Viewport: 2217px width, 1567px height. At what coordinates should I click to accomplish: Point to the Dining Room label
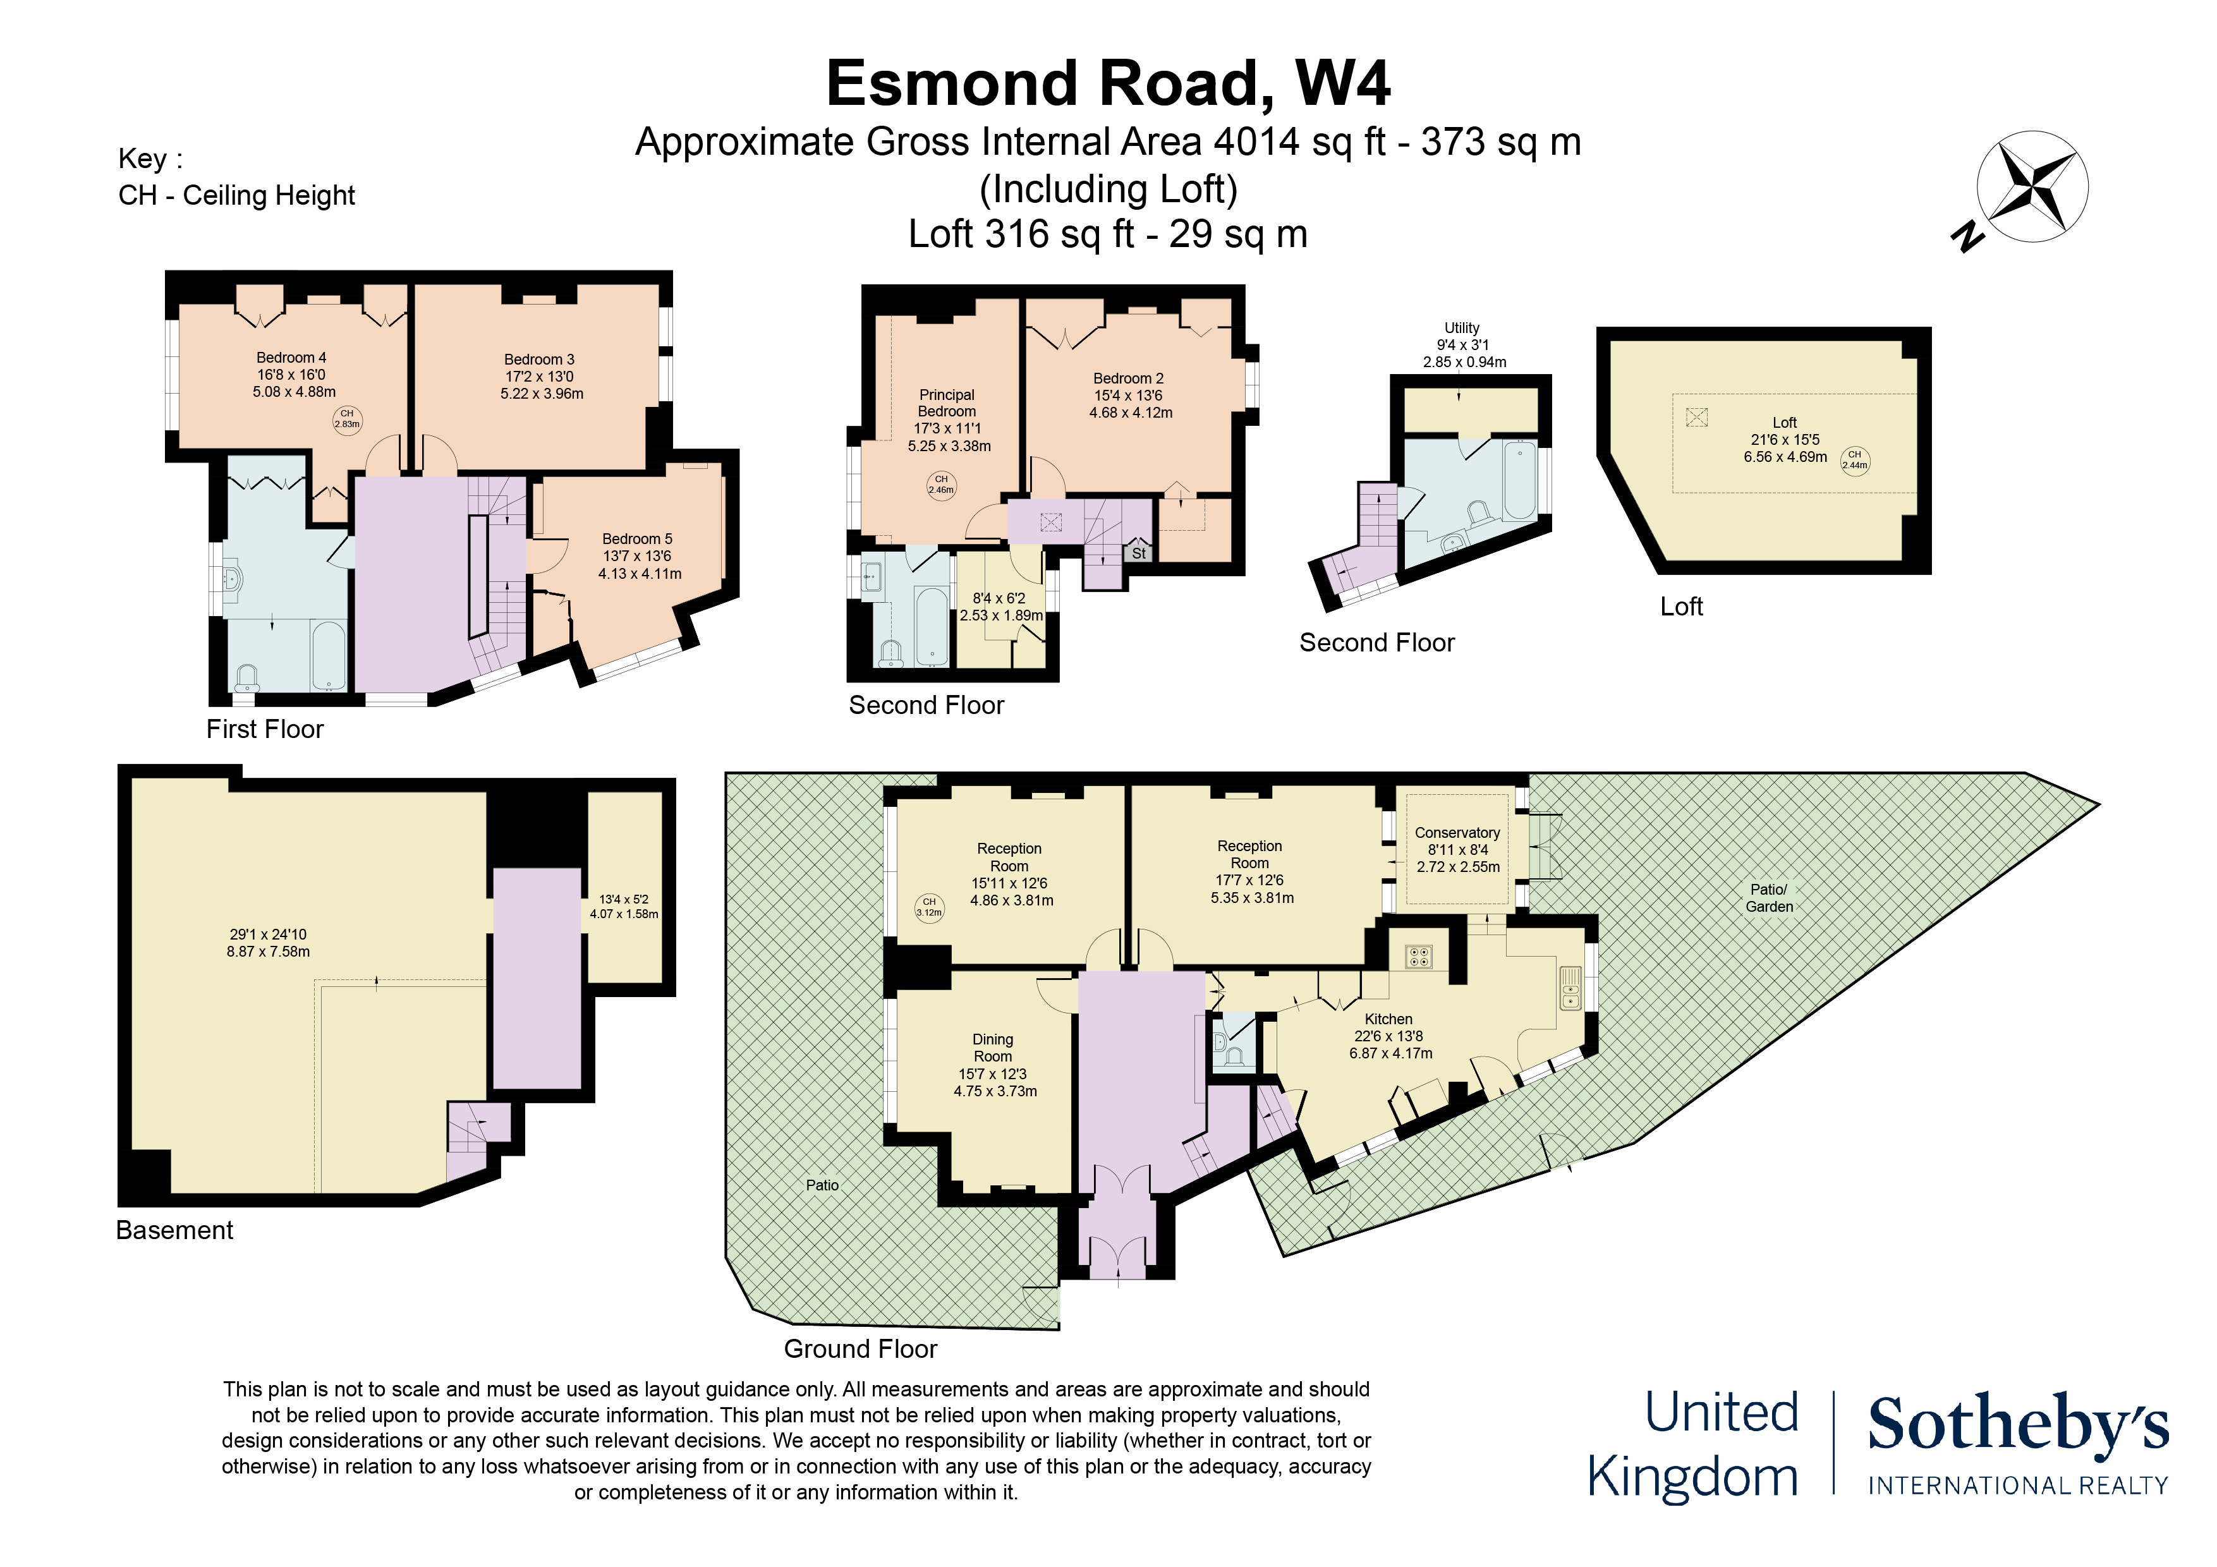click(x=993, y=1048)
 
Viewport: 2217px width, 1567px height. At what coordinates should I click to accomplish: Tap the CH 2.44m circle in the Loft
click(x=1854, y=459)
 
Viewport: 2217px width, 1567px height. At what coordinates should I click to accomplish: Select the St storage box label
click(x=1138, y=554)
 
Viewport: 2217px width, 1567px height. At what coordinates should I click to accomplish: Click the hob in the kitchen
click(x=1418, y=957)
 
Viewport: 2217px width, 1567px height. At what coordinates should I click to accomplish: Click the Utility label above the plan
click(x=1461, y=329)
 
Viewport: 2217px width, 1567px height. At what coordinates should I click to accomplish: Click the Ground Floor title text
click(x=859, y=1349)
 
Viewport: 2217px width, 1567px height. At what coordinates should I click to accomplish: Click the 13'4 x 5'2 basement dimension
click(x=624, y=899)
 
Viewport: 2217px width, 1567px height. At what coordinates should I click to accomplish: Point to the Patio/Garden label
click(x=1768, y=898)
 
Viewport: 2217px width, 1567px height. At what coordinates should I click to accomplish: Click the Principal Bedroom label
click(x=946, y=402)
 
